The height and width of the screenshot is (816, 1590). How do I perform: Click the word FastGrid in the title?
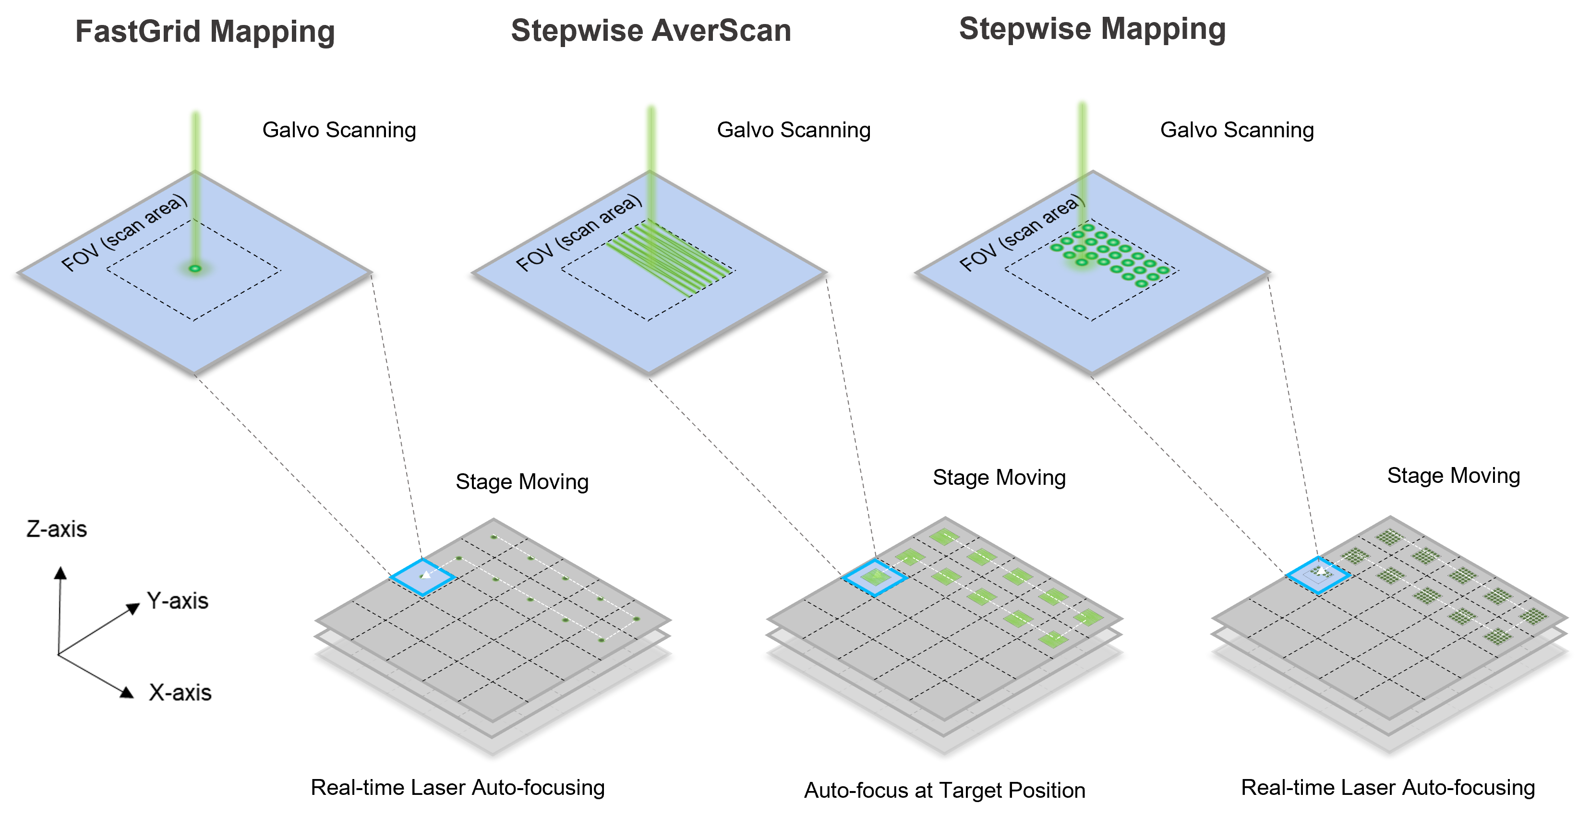137,32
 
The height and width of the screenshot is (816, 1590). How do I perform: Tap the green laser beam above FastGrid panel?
196,140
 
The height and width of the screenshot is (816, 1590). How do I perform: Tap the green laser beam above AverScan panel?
651,137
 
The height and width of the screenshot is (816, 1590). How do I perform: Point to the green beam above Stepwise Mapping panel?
1082,136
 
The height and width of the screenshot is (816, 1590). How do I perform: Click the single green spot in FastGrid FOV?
195,268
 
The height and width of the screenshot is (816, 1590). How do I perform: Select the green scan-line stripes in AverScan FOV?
667,256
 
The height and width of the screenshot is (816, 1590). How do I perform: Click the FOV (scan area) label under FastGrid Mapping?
123,233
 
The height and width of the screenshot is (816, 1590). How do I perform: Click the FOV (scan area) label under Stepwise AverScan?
578,233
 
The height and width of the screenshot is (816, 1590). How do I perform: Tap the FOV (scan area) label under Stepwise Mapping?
1022,233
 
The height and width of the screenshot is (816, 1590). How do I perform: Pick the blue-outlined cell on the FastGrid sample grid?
423,577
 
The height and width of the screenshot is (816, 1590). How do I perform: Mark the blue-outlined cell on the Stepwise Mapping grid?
1318,575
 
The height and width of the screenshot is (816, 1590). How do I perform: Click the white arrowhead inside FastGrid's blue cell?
425,575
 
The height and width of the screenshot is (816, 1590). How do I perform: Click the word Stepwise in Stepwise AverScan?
576,30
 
